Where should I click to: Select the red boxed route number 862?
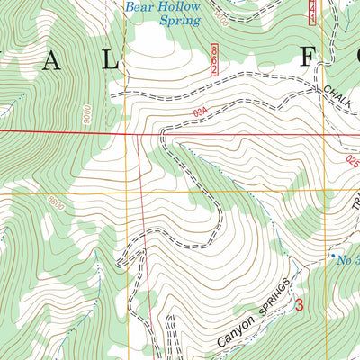215,51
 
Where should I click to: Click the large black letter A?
50,61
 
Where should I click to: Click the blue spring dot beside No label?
325,255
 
